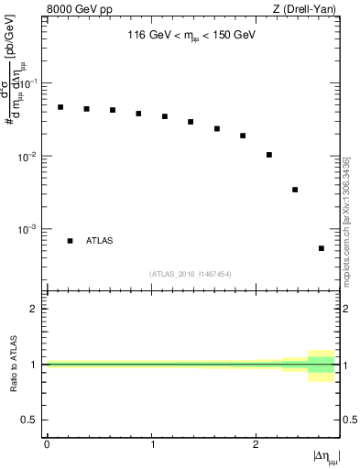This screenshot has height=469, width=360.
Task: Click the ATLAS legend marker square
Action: click(70, 241)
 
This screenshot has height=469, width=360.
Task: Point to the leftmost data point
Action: click(60, 107)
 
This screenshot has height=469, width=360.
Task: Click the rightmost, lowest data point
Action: click(322, 248)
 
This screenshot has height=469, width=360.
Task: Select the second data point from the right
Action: click(295, 190)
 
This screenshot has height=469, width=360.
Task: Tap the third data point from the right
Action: click(269, 155)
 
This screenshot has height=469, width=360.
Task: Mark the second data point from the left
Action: click(86, 109)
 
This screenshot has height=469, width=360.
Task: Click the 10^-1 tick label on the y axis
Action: click(31, 83)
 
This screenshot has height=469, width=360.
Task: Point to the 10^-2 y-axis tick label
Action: click(31, 157)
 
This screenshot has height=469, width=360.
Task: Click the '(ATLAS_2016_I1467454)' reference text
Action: click(191, 274)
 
